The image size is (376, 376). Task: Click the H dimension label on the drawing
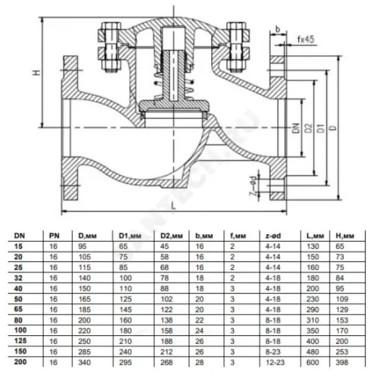[37, 72]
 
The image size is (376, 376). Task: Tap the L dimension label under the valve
[174, 206]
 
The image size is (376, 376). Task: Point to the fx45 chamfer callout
[306, 39]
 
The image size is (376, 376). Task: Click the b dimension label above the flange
[278, 29]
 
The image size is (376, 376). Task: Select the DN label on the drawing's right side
[296, 128]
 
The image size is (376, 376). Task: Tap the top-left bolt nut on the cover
[111, 29]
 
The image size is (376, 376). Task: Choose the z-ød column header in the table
[273, 236]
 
